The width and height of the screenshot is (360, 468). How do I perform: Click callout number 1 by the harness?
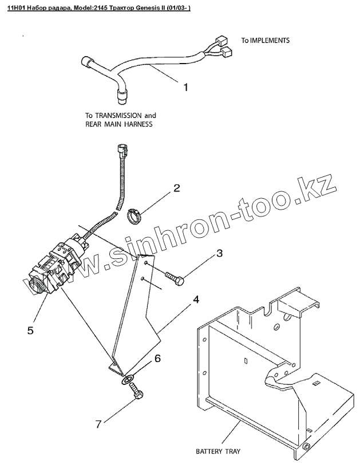(185, 88)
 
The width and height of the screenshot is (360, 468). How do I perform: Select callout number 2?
(177, 188)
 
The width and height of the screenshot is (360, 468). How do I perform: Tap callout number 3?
(219, 253)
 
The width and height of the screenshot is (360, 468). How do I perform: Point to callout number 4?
(195, 300)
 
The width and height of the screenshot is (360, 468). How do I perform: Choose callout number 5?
(31, 330)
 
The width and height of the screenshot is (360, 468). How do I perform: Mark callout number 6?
(157, 359)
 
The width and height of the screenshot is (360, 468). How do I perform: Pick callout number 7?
(98, 424)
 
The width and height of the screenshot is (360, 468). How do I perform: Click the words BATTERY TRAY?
(218, 451)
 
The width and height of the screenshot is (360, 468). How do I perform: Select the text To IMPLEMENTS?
(265, 41)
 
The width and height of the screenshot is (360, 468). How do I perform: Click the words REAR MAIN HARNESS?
(118, 124)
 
